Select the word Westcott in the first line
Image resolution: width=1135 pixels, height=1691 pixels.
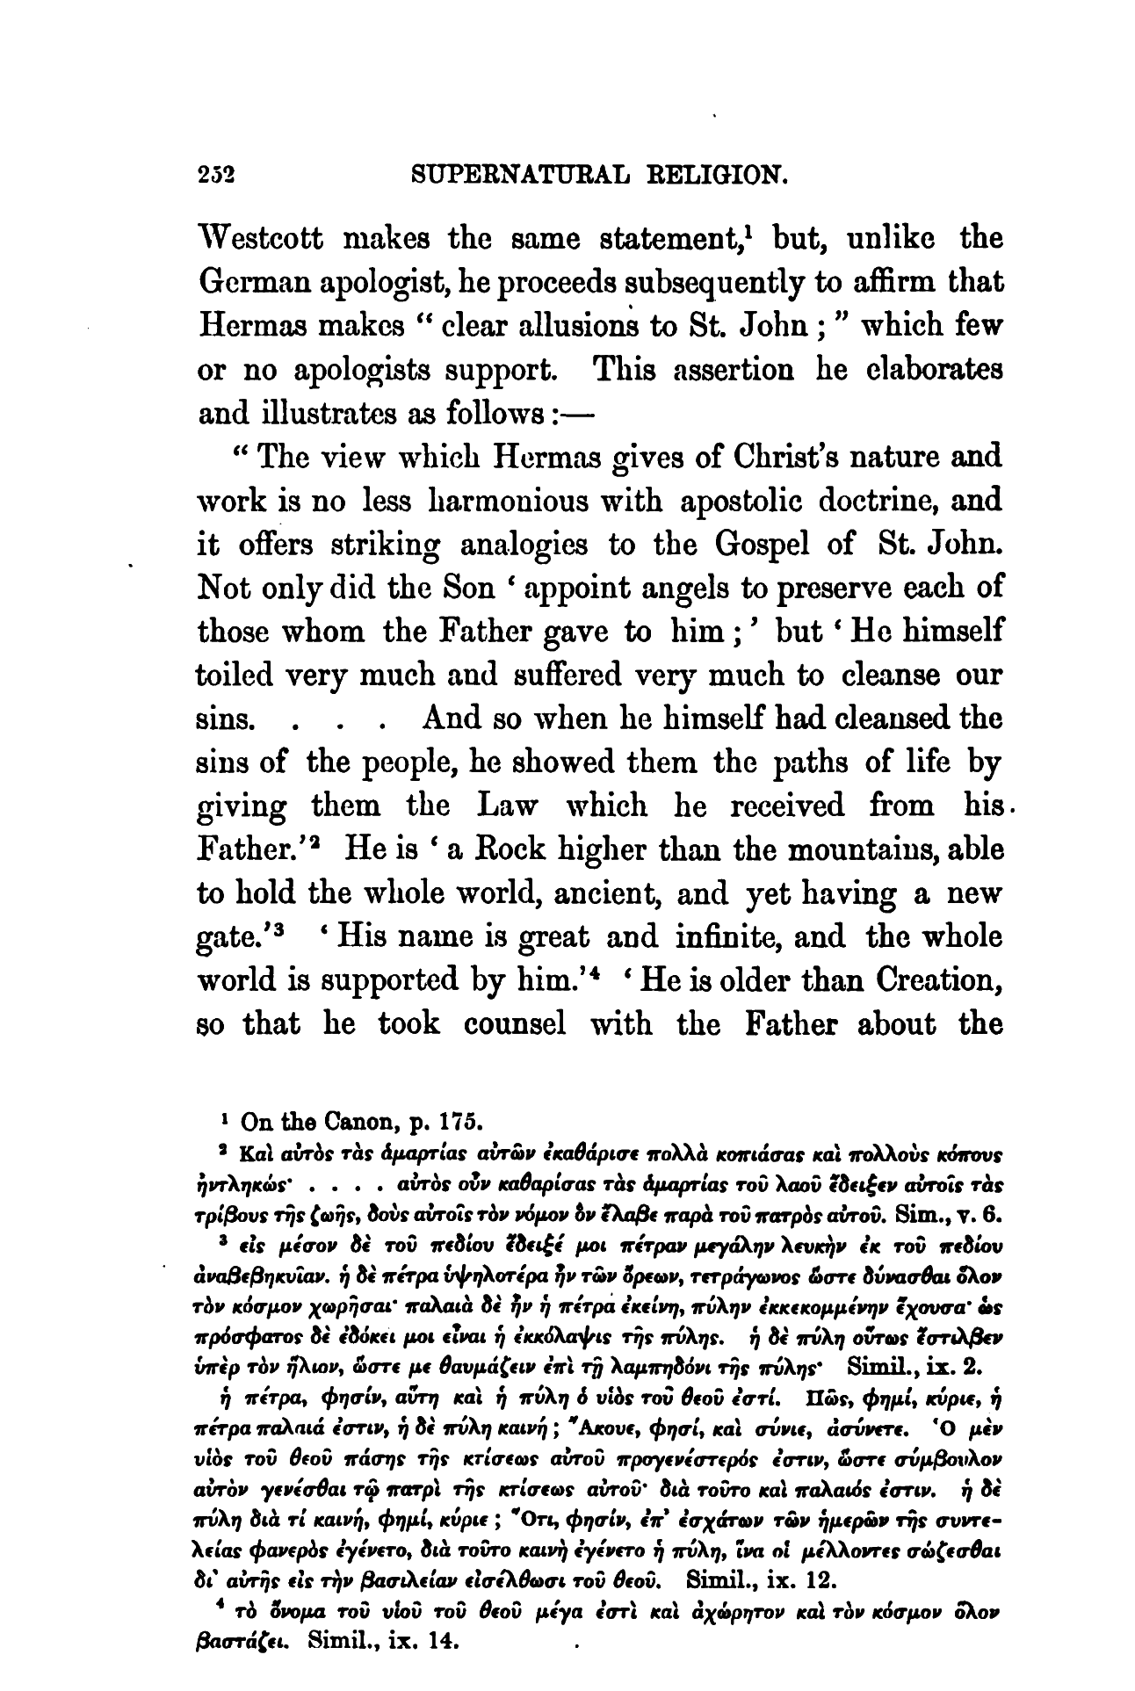[272, 240]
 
